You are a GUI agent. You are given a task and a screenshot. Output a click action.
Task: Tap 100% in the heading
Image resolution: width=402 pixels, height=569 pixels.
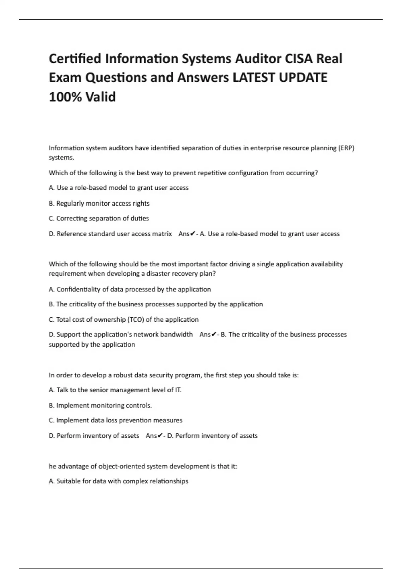[x=65, y=97]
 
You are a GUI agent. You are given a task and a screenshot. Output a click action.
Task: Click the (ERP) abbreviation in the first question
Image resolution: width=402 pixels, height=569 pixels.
[x=346, y=148]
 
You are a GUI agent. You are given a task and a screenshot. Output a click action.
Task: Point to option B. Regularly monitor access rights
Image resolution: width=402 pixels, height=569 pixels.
[x=99, y=203]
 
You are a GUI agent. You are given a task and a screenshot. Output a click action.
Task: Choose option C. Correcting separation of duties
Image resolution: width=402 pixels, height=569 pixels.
[x=99, y=218]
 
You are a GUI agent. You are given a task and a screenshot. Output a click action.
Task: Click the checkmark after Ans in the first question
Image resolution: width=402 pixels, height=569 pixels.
[x=193, y=234]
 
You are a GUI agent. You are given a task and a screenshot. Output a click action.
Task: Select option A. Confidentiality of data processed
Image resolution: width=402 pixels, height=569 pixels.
[x=130, y=289]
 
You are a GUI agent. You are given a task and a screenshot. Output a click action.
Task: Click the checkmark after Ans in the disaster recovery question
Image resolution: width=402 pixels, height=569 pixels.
[x=214, y=334]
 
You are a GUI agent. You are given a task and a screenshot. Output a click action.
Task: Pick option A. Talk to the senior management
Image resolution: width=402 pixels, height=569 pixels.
[x=115, y=390]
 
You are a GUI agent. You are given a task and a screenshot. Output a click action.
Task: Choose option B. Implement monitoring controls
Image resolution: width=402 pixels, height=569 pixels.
[x=100, y=405]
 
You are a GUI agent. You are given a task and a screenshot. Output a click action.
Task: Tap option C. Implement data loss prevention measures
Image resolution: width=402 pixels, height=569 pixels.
[x=115, y=420]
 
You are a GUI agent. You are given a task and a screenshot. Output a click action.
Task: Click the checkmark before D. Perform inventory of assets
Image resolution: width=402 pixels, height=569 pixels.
[x=160, y=436]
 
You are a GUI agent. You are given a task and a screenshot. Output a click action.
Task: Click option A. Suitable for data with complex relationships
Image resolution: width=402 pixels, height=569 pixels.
[x=118, y=481]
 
